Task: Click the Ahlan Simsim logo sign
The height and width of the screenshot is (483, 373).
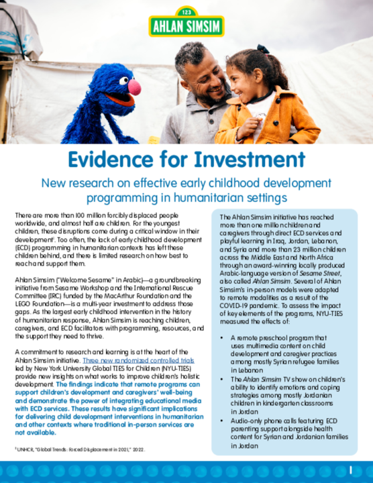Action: [186, 25]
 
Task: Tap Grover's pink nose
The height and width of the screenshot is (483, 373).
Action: [135, 87]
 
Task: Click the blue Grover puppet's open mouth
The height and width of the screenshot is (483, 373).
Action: [119, 101]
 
